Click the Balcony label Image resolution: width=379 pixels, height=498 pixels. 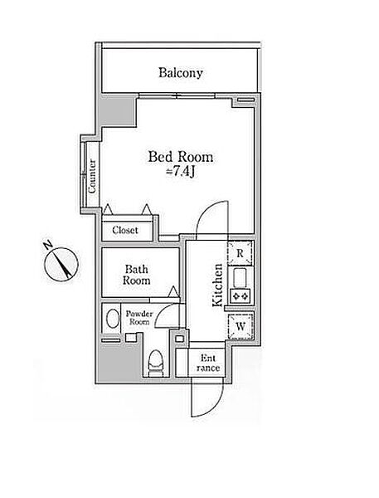[x=181, y=73]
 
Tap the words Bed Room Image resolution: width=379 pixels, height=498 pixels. [x=181, y=157]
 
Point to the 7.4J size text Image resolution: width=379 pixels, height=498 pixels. [x=181, y=172]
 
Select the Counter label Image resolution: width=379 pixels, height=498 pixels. [x=92, y=177]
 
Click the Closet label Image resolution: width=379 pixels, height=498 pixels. [x=125, y=230]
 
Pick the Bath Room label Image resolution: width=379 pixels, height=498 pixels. [x=137, y=275]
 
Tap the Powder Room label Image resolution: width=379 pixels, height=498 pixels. [x=139, y=318]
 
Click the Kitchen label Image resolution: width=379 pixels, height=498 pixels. [x=218, y=286]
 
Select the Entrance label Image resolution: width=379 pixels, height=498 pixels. [x=208, y=363]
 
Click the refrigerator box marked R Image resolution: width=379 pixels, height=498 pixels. [x=241, y=253]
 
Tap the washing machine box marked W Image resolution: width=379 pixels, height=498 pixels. [x=241, y=326]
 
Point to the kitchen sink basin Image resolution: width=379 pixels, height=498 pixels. [x=240, y=278]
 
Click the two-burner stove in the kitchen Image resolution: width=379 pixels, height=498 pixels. [x=241, y=296]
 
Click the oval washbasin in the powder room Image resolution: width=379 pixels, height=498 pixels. [x=112, y=319]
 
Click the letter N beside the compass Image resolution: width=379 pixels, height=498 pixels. [x=48, y=245]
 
